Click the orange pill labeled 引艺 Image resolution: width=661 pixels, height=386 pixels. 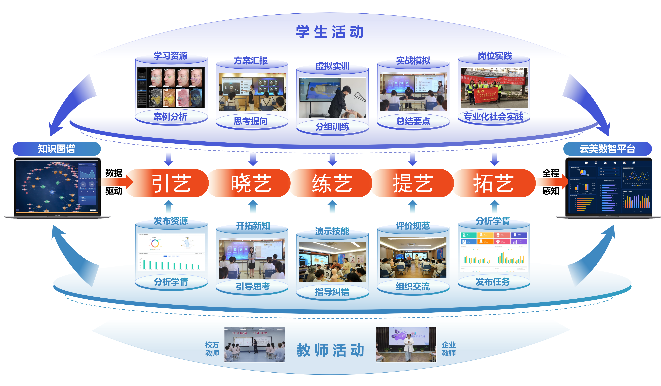click(171, 183)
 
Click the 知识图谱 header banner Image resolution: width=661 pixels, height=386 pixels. click(57, 149)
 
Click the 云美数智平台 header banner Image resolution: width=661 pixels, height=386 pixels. click(608, 149)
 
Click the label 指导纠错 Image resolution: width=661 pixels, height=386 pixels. click(332, 292)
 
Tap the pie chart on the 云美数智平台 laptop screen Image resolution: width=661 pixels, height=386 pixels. click(583, 172)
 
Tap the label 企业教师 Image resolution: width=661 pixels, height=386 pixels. click(448, 349)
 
